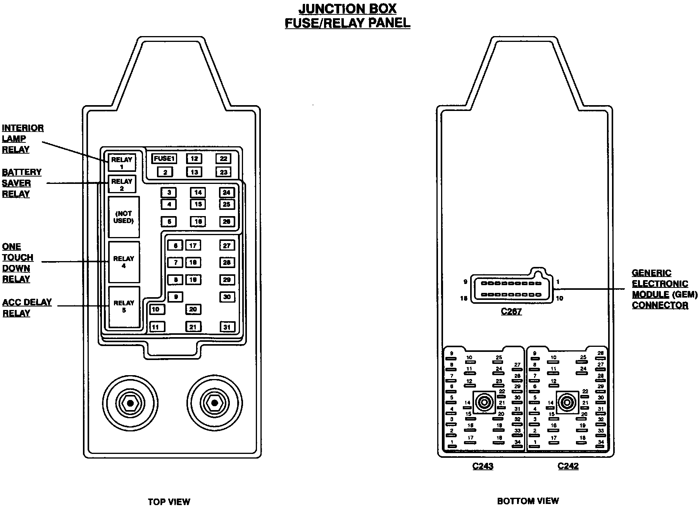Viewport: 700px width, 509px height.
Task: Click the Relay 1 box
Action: point(122,162)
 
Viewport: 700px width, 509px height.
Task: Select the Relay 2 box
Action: point(122,184)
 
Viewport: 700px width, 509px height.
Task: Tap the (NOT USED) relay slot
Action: point(124,217)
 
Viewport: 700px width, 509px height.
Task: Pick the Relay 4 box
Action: point(124,262)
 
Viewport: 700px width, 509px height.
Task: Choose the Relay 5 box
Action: point(124,306)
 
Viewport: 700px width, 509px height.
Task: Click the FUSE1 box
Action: point(164,159)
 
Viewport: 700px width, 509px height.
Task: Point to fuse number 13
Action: point(194,172)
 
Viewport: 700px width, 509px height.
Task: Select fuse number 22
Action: point(224,159)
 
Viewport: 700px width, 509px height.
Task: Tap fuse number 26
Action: point(227,222)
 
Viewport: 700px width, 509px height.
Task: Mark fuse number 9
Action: point(176,297)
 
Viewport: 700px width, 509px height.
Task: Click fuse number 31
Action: point(227,327)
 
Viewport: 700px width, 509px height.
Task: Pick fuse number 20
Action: point(193,309)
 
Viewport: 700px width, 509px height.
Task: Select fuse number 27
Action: point(227,245)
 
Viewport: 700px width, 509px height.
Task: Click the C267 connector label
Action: point(511,311)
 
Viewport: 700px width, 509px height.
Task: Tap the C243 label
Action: point(483,466)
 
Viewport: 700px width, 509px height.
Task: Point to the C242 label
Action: point(568,466)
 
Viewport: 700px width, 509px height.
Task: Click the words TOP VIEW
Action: point(169,502)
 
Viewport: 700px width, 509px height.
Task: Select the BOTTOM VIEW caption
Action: point(528,501)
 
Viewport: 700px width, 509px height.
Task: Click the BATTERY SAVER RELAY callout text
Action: point(22,183)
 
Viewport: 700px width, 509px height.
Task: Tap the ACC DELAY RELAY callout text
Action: point(27,308)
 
